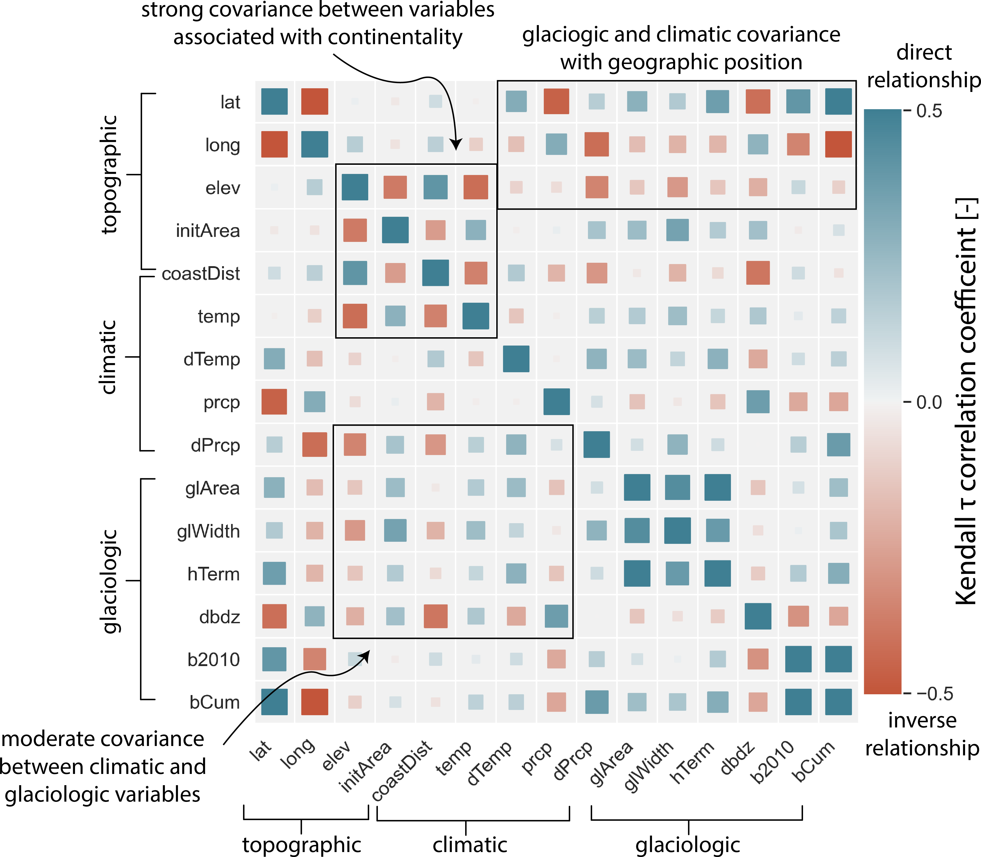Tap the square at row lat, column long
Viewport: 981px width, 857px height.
pos(314,101)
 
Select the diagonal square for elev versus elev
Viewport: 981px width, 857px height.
pos(355,187)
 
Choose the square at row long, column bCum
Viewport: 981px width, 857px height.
pos(838,144)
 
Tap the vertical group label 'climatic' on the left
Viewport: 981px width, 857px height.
pos(109,357)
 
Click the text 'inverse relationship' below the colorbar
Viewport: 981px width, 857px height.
pos(922,734)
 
